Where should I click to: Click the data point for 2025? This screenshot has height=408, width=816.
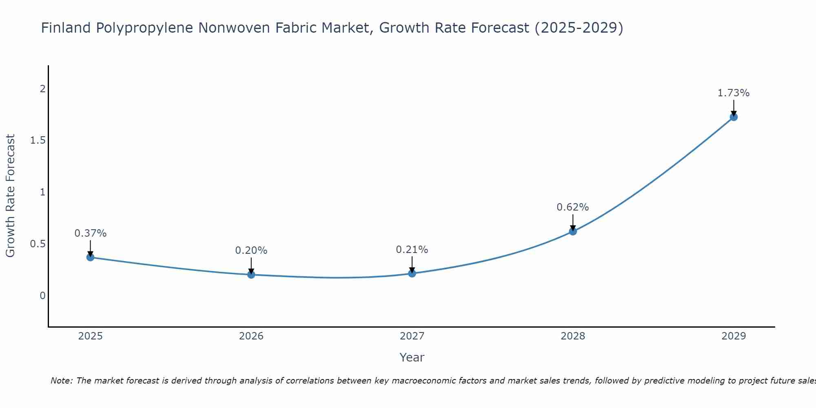pos(91,257)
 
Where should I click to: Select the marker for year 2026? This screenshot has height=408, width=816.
pos(251,275)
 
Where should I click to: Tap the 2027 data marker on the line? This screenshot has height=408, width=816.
pos(412,273)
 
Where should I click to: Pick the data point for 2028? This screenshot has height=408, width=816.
pos(573,231)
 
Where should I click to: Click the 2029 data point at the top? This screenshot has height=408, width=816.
pos(734,117)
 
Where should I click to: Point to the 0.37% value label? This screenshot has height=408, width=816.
pos(91,233)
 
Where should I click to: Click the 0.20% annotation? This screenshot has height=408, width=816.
pos(251,251)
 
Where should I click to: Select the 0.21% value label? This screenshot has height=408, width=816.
pos(412,250)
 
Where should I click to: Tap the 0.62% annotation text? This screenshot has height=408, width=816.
pos(573,207)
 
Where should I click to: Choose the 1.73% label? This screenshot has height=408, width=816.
pos(734,93)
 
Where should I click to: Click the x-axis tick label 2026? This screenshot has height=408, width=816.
pos(251,336)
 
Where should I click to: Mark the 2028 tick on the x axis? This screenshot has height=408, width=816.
pos(573,336)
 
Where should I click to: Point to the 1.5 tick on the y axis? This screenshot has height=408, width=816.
pos(38,140)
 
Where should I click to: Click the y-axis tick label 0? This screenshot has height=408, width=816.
pos(42,295)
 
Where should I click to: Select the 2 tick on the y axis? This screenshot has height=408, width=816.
pos(42,89)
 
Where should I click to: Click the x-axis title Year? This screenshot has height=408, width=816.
pos(412,357)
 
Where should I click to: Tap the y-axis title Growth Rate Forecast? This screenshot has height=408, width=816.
pos(10,196)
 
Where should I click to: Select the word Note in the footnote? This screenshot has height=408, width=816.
pos(61,381)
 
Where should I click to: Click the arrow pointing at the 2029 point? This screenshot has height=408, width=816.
pos(734,108)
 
